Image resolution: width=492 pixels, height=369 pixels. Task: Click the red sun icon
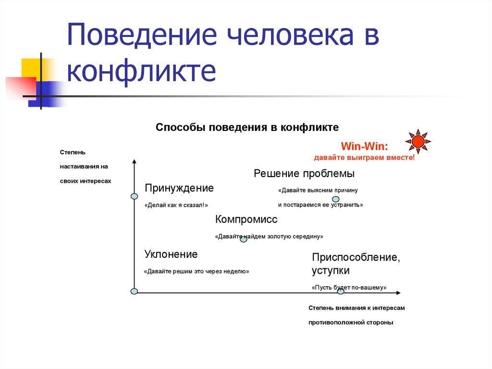point(418,141)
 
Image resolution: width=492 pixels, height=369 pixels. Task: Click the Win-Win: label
point(365,146)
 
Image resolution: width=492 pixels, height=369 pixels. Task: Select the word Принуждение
point(179,188)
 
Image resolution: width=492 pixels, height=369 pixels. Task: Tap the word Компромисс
point(246,219)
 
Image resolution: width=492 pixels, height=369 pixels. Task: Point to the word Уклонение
point(171,254)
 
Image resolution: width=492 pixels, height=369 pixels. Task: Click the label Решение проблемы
point(304,174)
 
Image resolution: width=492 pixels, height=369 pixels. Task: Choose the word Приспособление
point(356,257)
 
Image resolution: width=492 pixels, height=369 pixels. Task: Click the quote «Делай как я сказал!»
point(176,205)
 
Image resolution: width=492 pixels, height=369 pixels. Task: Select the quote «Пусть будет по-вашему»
point(349,288)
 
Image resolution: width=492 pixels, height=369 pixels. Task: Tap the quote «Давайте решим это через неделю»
point(197,271)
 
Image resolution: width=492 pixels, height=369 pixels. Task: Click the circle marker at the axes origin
point(135,291)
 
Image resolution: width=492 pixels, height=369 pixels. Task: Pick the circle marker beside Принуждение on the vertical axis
point(135,196)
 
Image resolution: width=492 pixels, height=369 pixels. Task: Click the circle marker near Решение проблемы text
point(336,199)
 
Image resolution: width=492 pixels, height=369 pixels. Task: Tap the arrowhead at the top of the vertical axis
point(135,162)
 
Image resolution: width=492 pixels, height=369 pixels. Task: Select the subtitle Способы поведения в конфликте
point(247,127)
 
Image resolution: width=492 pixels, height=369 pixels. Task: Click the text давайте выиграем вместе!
point(364,158)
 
